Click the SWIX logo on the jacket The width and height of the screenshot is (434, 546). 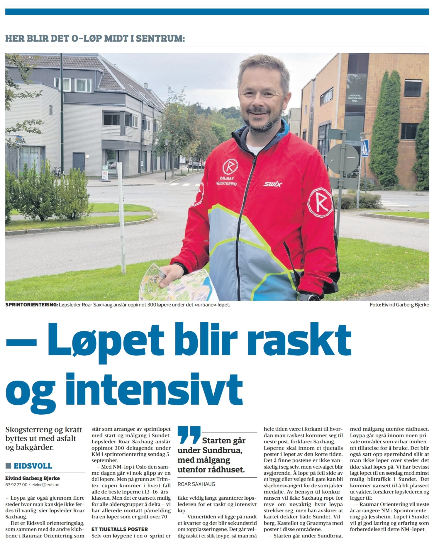pyautogui.click(x=272, y=184)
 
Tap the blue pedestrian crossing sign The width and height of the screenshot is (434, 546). pyautogui.click(x=365, y=149)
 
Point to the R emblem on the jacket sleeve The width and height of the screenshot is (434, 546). pyautogui.click(x=321, y=202)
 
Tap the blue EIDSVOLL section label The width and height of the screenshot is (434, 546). pyautogui.click(x=33, y=466)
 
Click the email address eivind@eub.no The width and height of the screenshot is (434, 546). pyautogui.click(x=45, y=485)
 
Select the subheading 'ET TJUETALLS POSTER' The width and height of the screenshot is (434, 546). pyautogui.click(x=120, y=529)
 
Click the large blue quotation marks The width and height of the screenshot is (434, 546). pyautogui.click(x=189, y=435)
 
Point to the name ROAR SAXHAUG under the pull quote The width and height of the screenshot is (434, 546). pyautogui.click(x=196, y=484)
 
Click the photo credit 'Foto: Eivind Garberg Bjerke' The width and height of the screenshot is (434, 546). pyautogui.click(x=399, y=305)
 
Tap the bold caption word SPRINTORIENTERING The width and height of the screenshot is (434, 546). pyautogui.click(x=31, y=305)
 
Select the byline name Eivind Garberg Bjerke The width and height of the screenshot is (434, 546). pyautogui.click(x=33, y=478)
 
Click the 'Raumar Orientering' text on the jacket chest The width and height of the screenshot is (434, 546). pyautogui.click(x=227, y=181)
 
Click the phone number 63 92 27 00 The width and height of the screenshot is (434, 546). pyautogui.click(x=16, y=485)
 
